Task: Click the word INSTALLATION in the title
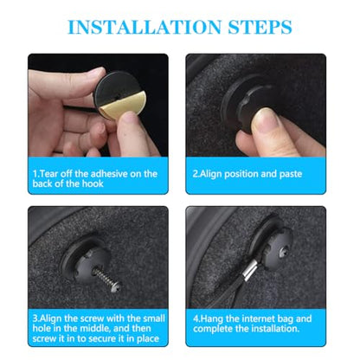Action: pos(145,27)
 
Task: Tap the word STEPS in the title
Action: pos(260,27)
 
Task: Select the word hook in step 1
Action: pos(93,183)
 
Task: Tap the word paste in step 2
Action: pos(291,174)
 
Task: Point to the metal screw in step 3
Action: pos(106,278)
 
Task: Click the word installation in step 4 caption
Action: pos(275,329)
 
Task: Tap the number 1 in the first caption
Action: pos(35,174)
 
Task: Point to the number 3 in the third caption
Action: pos(35,318)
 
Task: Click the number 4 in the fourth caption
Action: pos(196,318)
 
